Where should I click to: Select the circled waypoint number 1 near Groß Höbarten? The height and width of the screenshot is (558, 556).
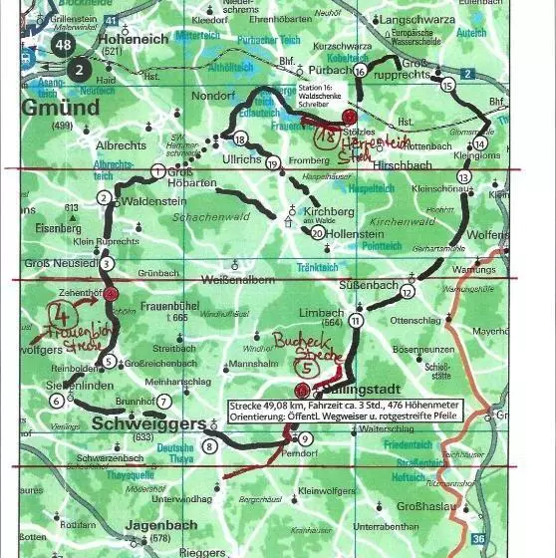pos(157,171)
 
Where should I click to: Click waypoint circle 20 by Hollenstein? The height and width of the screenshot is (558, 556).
pos(317,233)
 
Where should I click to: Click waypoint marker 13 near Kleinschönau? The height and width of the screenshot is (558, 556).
pos(462,176)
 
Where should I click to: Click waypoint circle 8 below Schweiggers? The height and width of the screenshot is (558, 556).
pos(210,445)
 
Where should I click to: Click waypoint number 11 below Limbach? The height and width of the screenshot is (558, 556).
pos(357,321)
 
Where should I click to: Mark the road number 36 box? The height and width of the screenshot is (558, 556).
pos(479,539)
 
